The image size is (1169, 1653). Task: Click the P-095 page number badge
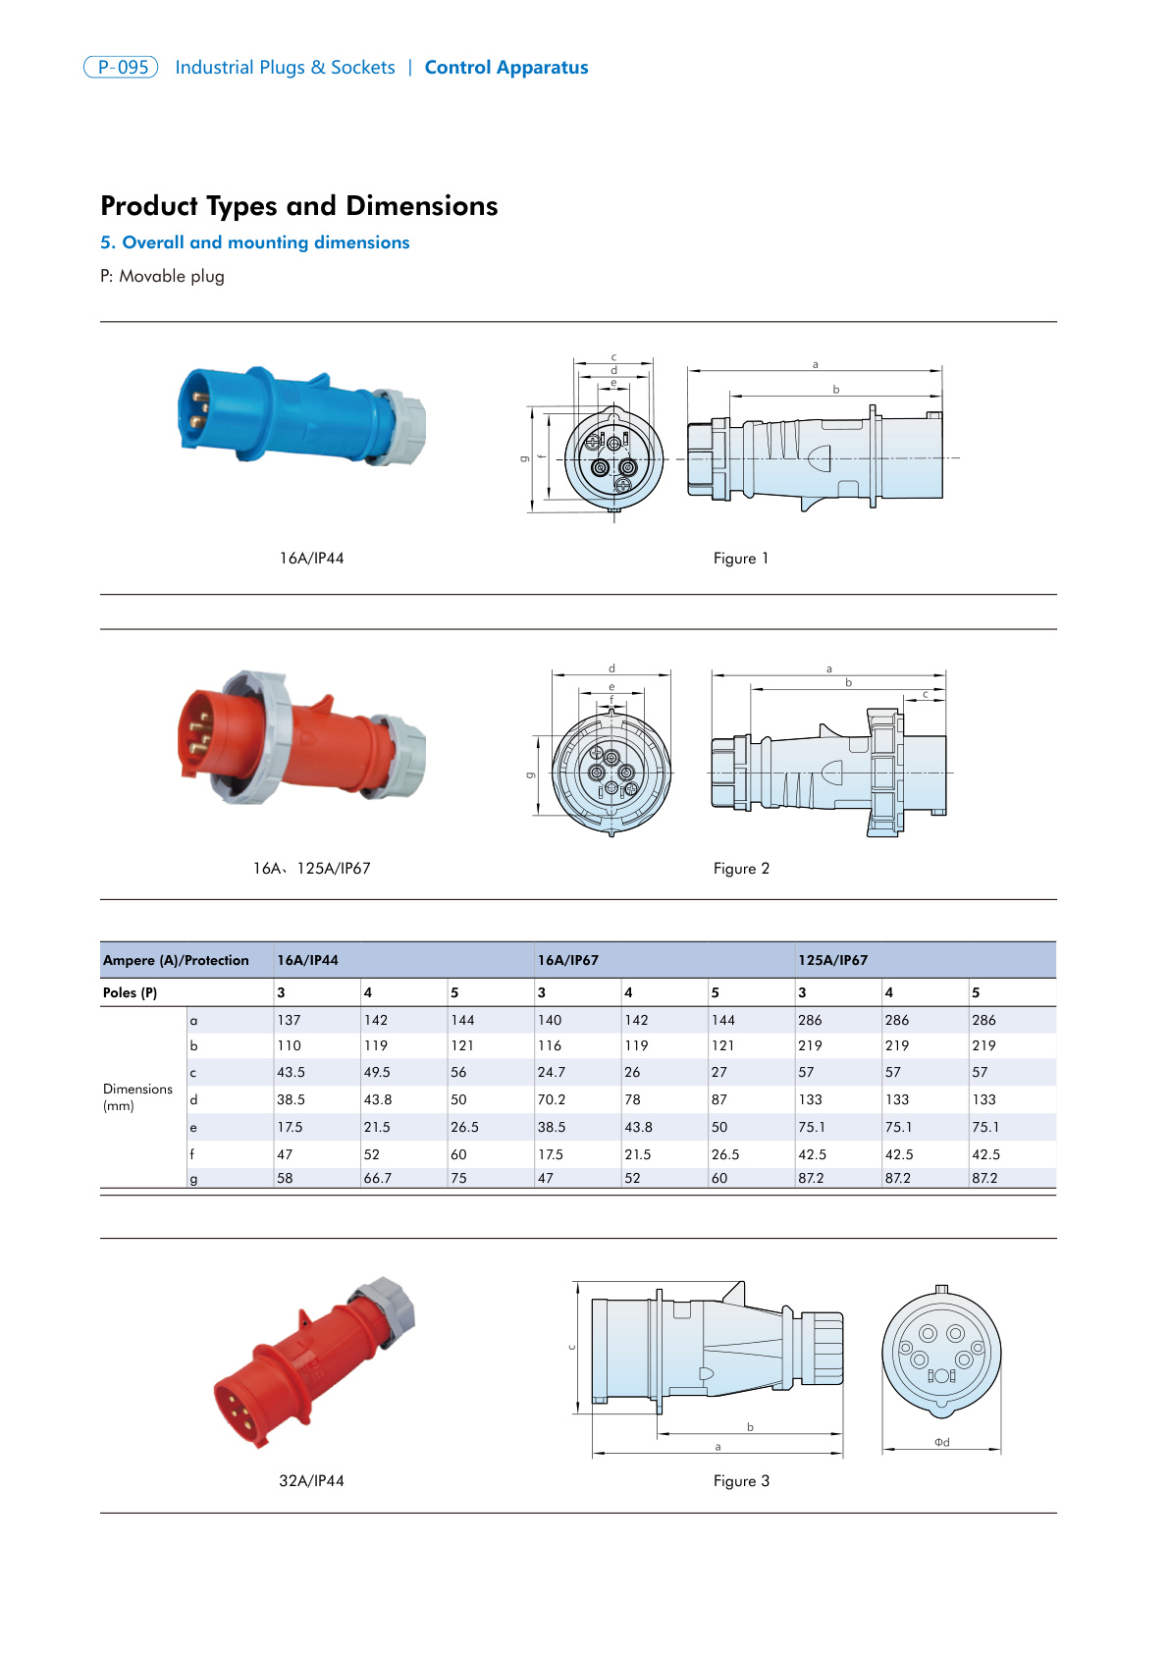coord(121,67)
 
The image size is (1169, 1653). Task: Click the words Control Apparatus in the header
coord(505,67)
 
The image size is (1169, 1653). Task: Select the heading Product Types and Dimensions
coord(299,205)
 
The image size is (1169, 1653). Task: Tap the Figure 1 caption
coord(740,558)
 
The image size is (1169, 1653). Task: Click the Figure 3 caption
coord(740,1480)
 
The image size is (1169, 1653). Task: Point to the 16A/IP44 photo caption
coord(311,558)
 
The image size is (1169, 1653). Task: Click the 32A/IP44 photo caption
coord(311,1480)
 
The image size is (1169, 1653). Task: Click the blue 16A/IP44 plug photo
coord(294,417)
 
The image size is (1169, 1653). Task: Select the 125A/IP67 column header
coord(832,960)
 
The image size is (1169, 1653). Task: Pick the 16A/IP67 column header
coord(567,960)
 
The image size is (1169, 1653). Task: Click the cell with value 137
coord(289,1020)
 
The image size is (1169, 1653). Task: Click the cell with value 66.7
coord(378,1178)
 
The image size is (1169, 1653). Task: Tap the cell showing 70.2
coord(551,1099)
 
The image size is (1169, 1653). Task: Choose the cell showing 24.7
coord(551,1072)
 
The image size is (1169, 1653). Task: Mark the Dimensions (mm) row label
coord(137,1096)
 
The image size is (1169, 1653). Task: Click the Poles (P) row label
coord(130,992)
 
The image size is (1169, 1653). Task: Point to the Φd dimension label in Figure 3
coord(941,1442)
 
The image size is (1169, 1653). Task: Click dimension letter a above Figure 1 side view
coord(815,364)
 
